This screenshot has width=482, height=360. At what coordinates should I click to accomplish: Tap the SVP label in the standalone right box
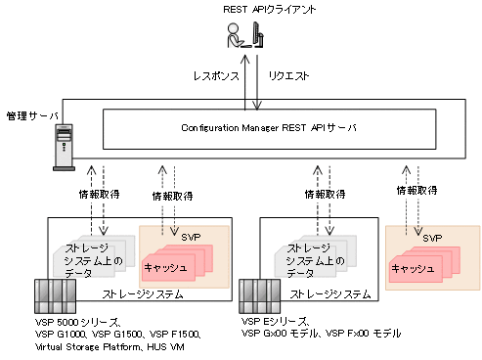pyautogui.click(x=431, y=237)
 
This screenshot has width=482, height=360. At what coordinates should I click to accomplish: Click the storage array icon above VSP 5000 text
pyautogui.click(x=49, y=295)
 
